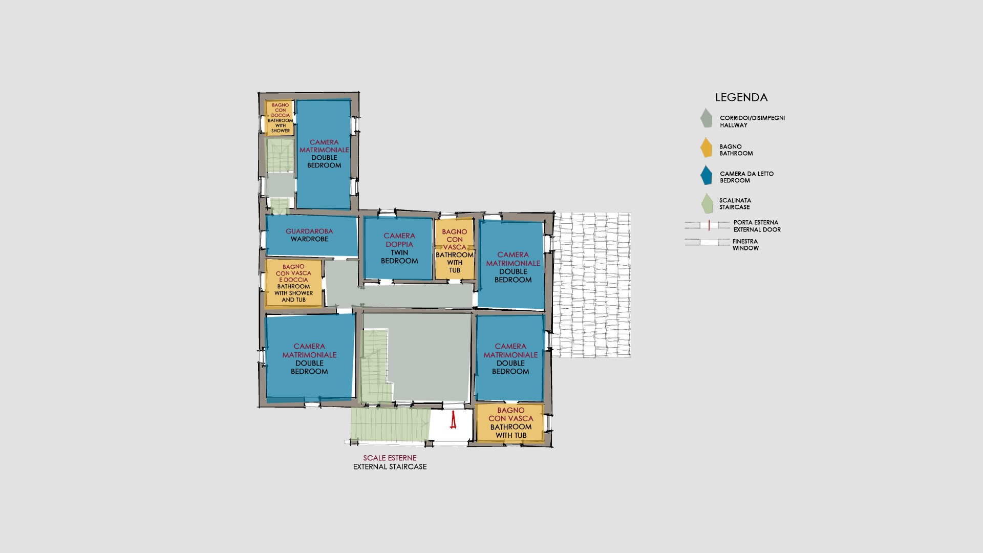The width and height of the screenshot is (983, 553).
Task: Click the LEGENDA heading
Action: click(741, 97)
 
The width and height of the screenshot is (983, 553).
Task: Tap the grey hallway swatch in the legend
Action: click(707, 118)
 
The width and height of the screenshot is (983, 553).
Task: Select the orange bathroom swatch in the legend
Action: click(707, 147)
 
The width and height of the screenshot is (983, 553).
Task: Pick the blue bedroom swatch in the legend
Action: click(707, 175)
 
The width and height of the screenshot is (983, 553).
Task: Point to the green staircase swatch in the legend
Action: click(707, 203)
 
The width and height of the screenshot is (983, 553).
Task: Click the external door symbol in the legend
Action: click(708, 225)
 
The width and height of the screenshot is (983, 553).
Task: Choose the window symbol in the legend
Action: click(708, 242)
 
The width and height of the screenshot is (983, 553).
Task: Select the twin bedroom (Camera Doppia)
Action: click(399, 248)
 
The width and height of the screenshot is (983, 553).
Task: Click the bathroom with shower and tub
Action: click(294, 283)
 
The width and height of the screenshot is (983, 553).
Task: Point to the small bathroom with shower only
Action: click(280, 118)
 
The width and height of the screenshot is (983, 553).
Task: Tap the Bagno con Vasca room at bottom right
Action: click(510, 423)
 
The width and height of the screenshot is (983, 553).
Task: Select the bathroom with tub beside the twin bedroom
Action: click(455, 249)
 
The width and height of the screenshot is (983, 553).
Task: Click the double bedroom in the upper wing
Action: click(324, 154)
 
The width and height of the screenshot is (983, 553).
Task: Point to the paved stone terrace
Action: click(592, 285)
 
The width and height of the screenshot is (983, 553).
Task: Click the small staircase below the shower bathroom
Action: click(280, 155)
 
